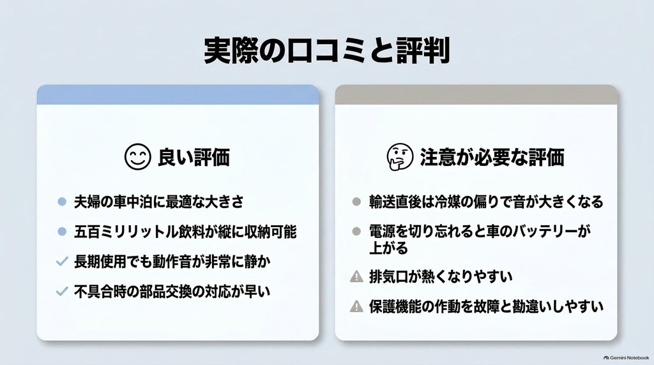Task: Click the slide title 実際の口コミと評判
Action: click(327, 50)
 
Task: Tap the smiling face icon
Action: click(138, 157)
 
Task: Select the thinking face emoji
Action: click(400, 157)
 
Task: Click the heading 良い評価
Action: click(194, 157)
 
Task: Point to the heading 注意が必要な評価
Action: click(492, 157)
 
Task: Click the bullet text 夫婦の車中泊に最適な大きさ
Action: click(159, 202)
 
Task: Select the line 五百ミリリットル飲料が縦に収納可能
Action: click(185, 232)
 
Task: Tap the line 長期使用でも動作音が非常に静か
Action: click(172, 262)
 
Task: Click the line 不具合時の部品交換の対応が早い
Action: click(172, 291)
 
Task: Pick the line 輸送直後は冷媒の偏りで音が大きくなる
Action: click(486, 202)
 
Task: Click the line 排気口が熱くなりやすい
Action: click(441, 276)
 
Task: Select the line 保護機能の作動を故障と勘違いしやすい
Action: click(486, 306)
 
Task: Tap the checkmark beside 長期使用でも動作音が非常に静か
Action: click(62, 262)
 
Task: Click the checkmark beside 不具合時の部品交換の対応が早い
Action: click(62, 291)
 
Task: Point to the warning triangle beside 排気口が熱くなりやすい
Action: click(356, 276)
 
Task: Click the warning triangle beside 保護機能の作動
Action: click(356, 306)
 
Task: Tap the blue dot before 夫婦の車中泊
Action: click(62, 202)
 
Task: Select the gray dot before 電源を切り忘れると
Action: click(356, 231)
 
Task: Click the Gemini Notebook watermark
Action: click(626, 357)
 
